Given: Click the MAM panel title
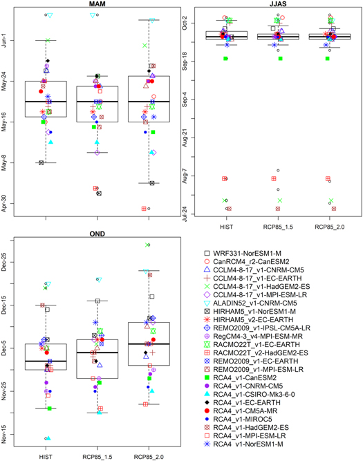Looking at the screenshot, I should pos(97,5).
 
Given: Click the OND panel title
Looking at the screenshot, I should pos(97,234).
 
